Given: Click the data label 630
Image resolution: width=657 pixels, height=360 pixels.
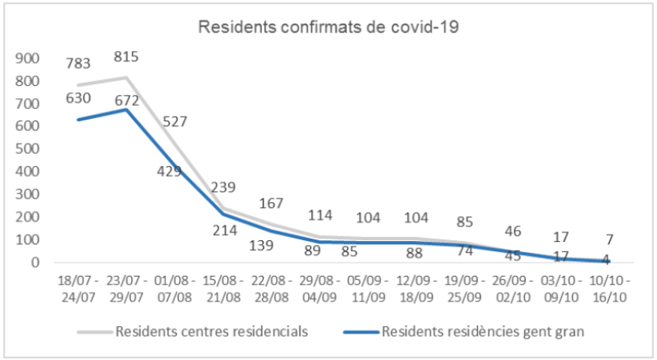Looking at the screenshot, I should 78,98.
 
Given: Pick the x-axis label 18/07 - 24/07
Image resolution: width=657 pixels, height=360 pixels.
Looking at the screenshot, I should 78,285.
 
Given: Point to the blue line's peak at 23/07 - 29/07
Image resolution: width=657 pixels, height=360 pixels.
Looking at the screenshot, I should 126,110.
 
